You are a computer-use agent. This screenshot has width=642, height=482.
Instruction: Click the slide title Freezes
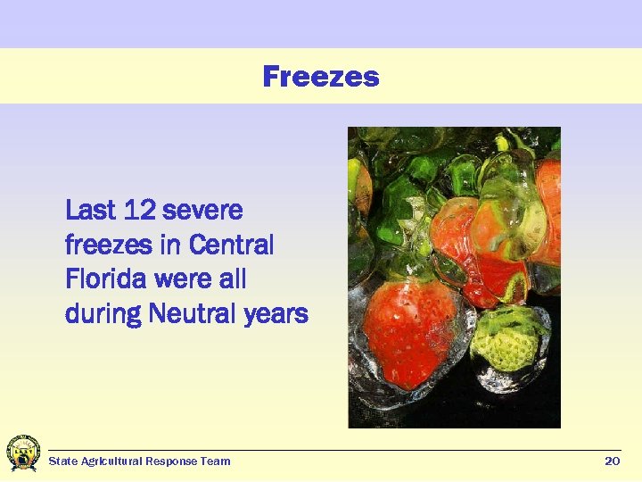[321, 77]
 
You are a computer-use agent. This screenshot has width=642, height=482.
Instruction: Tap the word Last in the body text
[91, 211]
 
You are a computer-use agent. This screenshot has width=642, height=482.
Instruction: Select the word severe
[204, 212]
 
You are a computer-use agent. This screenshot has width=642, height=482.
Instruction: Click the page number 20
[612, 461]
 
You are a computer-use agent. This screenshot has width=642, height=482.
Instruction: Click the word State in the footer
[62, 461]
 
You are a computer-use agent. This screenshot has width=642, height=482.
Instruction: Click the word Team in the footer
[218, 461]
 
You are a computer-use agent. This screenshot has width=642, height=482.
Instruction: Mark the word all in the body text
[232, 279]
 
